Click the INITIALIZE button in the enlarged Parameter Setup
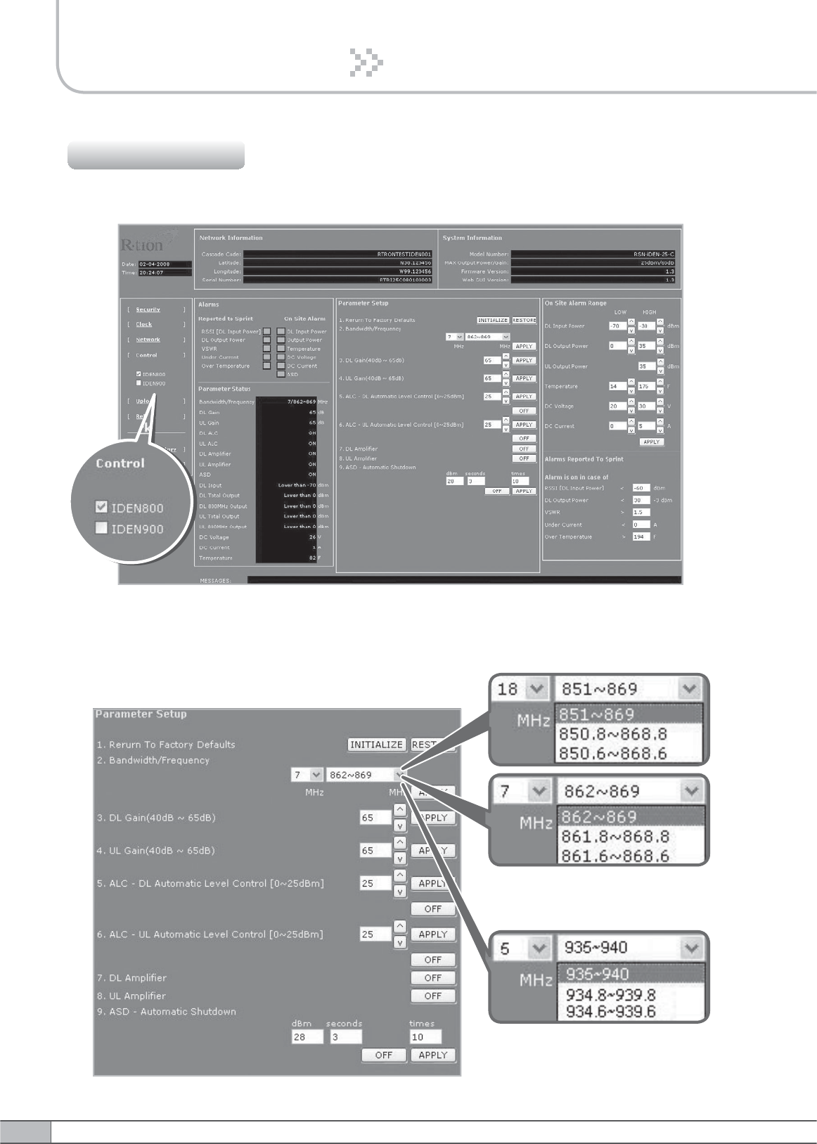tap(376, 745)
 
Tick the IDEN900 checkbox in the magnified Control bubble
tap(102, 528)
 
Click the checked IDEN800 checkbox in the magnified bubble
tap(102, 507)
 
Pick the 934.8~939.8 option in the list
tap(610, 995)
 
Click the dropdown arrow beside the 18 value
tap(538, 689)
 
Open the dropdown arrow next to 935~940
tap(691, 948)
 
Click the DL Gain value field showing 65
tap(375, 818)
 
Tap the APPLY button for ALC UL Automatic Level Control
tap(432, 934)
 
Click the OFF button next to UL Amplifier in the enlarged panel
tap(432, 996)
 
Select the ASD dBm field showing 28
tap(307, 1036)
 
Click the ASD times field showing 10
tap(425, 1036)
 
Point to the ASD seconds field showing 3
tap(345, 1036)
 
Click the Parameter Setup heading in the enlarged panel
tap(141, 714)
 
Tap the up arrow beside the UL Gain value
tap(399, 842)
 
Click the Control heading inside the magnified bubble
tap(120, 463)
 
